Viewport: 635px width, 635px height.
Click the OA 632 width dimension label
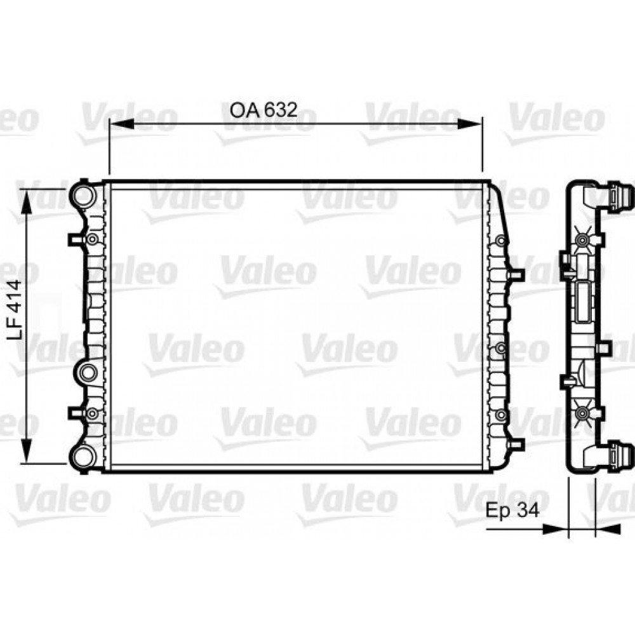coord(264,110)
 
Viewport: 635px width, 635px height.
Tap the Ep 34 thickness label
coord(512,511)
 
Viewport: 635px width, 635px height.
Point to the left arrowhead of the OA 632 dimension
coord(122,124)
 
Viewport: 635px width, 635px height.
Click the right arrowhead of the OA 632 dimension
coord(470,124)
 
